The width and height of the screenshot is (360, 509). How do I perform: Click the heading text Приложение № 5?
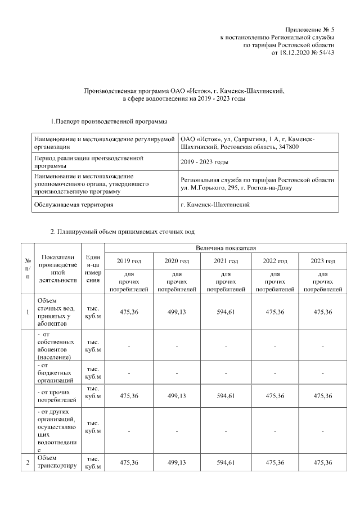point(309,28)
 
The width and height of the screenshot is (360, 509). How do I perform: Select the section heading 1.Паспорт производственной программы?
point(109,121)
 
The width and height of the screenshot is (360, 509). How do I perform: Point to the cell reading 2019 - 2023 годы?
point(204,162)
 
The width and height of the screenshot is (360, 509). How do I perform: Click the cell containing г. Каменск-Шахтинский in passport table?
point(215,204)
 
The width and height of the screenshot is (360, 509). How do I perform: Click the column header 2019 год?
point(129,261)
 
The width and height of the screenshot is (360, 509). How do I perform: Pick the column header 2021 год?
point(226,261)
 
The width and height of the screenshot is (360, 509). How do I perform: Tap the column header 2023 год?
point(322,261)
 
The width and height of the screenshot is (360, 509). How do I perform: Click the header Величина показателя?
point(226,247)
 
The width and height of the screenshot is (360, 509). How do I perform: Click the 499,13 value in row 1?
point(177,312)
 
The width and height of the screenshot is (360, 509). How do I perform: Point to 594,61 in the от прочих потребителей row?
point(226,395)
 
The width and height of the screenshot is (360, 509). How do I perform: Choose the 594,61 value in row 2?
point(226,462)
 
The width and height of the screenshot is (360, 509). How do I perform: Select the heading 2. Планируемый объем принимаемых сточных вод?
point(123,231)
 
